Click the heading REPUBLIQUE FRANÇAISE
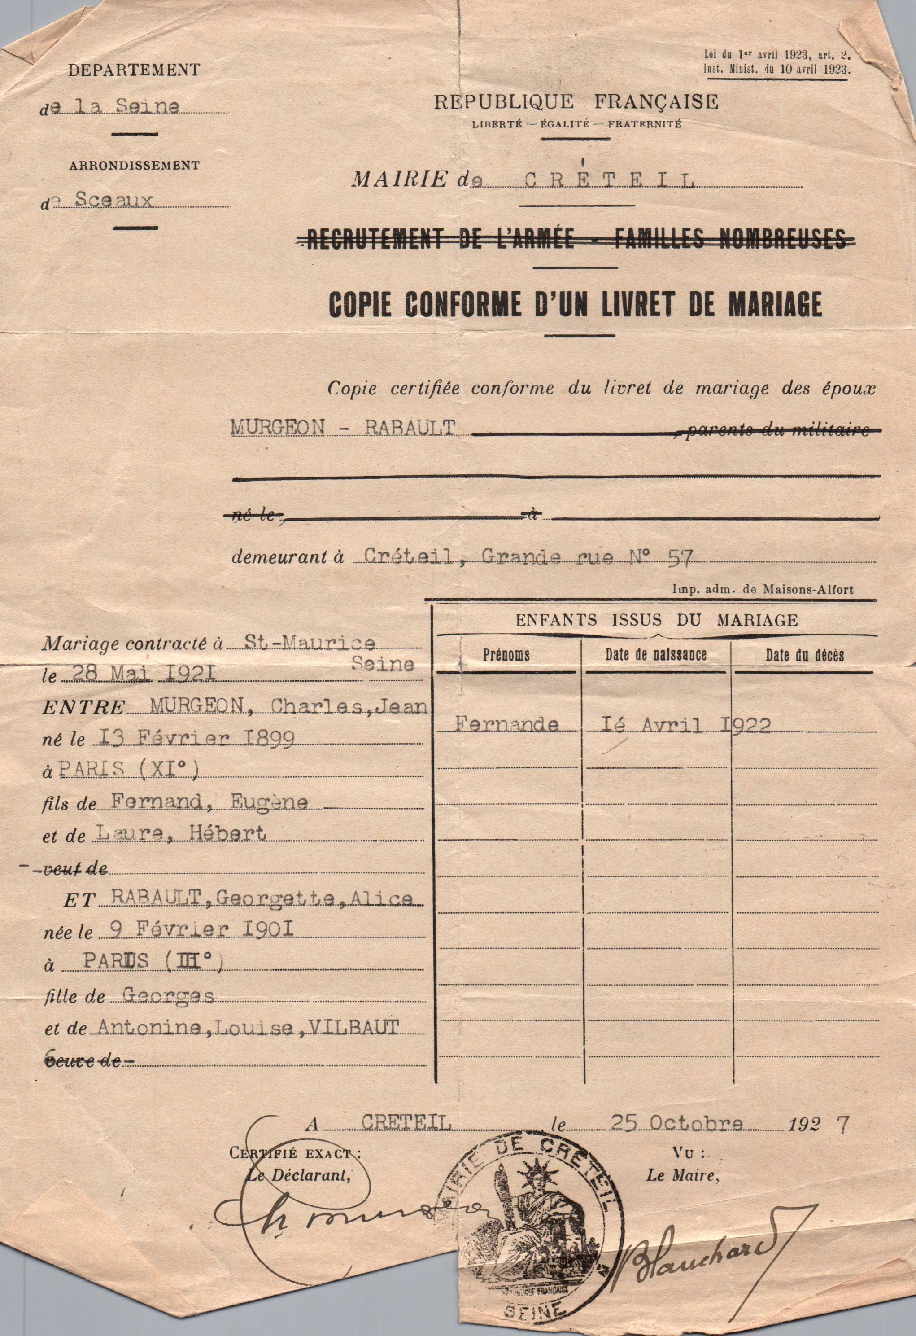(x=576, y=102)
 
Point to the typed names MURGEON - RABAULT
(x=343, y=426)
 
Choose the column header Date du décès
(x=804, y=655)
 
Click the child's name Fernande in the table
(x=506, y=724)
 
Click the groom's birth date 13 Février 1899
(x=196, y=738)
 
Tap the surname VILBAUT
(x=354, y=1027)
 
